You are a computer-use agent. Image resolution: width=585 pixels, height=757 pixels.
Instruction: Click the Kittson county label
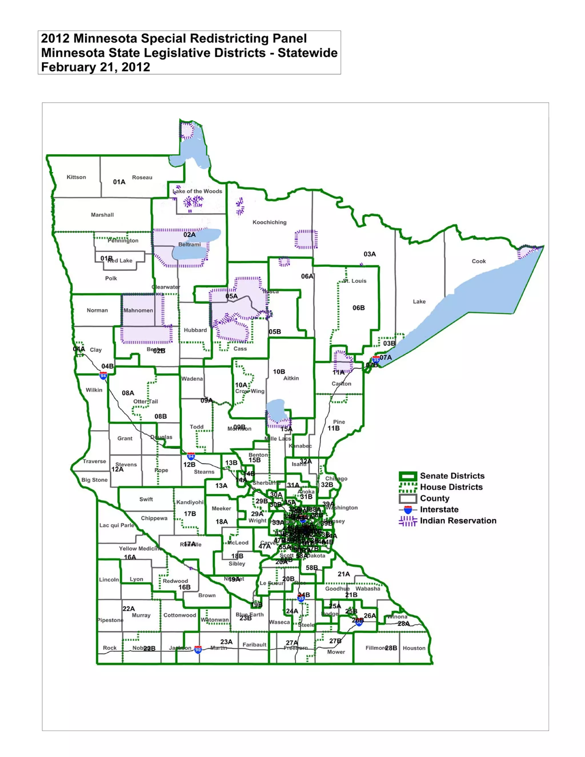coord(76,177)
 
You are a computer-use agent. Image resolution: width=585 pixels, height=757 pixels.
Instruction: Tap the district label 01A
coord(119,182)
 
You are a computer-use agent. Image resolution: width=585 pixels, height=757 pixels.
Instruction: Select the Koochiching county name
coord(269,222)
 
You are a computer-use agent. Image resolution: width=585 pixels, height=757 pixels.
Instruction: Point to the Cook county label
coord(479,261)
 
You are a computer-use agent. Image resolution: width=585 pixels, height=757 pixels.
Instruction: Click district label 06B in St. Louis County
coord(358,308)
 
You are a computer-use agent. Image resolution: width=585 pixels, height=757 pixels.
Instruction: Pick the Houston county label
coord(414,648)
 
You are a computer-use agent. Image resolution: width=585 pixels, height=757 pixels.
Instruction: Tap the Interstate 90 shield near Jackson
coord(198,649)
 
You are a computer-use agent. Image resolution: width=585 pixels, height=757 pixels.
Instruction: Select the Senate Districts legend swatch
coord(408,476)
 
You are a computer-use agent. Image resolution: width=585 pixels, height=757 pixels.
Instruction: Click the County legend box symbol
coord(408,498)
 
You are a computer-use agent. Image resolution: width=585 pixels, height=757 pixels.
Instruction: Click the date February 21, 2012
coord(96,67)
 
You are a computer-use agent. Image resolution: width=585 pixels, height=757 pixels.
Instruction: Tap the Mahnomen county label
coord(138,310)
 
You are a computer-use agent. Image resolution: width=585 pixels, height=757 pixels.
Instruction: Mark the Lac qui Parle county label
coord(117,525)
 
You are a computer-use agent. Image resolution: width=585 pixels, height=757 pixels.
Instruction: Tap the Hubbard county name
coord(195,330)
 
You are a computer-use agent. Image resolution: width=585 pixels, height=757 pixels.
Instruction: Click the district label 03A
coord(369,254)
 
